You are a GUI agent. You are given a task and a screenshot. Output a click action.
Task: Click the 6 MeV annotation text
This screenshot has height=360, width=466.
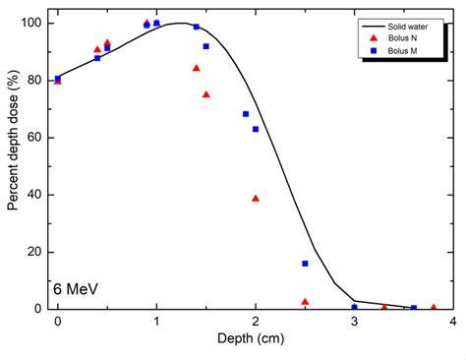click(78, 290)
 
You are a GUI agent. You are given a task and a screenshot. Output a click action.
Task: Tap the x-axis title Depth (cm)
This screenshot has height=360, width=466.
click(255, 339)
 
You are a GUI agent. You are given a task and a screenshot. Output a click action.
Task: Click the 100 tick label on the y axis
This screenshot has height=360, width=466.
click(33, 23)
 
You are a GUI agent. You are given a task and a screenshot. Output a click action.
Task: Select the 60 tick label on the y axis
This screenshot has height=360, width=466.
click(36, 137)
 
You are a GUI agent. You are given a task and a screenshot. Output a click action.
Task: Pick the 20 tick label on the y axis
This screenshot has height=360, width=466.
click(36, 252)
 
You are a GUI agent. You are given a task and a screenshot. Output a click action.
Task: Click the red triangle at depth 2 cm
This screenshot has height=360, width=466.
click(256, 198)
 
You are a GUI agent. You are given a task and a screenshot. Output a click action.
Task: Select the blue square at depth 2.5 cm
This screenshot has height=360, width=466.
click(305, 264)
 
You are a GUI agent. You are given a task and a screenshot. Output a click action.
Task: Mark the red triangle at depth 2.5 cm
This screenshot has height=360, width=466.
click(305, 301)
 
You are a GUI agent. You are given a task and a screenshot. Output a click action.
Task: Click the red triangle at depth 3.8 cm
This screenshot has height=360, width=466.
click(433, 307)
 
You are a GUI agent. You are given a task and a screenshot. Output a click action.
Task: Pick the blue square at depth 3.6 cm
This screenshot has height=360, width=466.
click(413, 308)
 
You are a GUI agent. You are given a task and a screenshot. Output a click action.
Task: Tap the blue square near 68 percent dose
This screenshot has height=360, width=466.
click(246, 114)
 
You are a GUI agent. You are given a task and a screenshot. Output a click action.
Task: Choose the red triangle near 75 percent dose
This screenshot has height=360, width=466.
click(205, 94)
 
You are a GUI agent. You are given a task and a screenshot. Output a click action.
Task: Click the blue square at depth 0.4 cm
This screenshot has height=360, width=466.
click(97, 58)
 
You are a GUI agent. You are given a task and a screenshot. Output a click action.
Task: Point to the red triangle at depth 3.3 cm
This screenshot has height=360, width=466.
click(383, 307)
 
